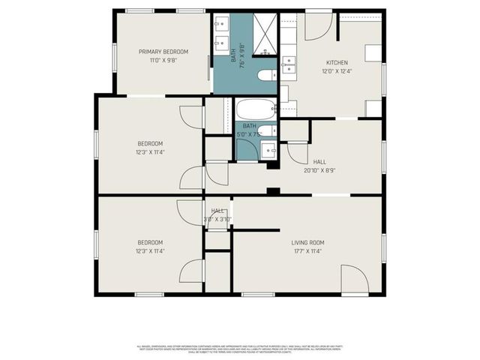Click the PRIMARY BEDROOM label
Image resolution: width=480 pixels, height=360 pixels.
pos(163,52)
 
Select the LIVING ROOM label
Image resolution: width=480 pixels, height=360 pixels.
pos(307,242)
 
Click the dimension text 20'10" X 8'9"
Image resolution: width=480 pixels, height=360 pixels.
pos(319,170)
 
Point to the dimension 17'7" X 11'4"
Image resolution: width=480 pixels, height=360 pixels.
pos(307,251)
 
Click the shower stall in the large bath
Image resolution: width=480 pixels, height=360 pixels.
pos(264,34)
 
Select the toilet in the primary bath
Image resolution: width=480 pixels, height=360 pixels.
pos(266,76)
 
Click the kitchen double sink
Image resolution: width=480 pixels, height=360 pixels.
pos(288,64)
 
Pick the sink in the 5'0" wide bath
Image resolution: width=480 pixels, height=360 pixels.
pos(271,150)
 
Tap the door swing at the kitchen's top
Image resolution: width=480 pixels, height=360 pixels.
pos(317,26)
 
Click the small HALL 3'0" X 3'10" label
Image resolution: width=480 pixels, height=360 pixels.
pos(218,215)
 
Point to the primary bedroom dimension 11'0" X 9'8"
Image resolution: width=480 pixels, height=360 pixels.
pos(163,61)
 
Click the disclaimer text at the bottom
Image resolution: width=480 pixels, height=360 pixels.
pos(240,348)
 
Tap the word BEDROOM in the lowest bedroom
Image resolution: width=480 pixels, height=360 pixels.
pos(149,242)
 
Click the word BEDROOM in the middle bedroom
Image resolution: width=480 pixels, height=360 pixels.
pos(149,143)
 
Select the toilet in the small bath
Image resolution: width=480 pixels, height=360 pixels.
pos(271,131)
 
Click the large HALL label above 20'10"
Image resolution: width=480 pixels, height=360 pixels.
pos(319,161)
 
